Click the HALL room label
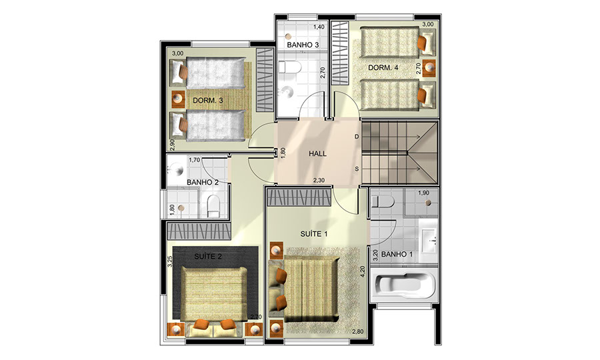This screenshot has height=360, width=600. (317, 154)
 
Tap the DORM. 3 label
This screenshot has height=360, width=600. (208, 101)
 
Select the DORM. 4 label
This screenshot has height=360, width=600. (383, 68)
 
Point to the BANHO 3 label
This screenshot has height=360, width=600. (303, 45)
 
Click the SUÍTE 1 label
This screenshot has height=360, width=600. (314, 234)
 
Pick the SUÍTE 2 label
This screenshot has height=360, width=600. (208, 256)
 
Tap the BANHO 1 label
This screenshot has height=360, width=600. (397, 254)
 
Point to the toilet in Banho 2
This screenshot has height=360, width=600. (213, 206)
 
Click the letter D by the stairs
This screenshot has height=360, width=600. (357, 137)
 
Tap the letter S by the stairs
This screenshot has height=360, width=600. (357, 169)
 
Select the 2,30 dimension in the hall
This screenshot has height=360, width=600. (319, 180)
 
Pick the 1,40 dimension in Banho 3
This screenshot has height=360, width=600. (319, 27)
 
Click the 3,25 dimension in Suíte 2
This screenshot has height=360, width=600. (170, 261)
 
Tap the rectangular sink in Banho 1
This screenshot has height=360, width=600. (428, 240)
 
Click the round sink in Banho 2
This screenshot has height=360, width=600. (177, 169)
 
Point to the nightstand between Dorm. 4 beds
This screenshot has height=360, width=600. (430, 67)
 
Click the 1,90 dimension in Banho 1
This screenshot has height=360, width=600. (423, 193)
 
